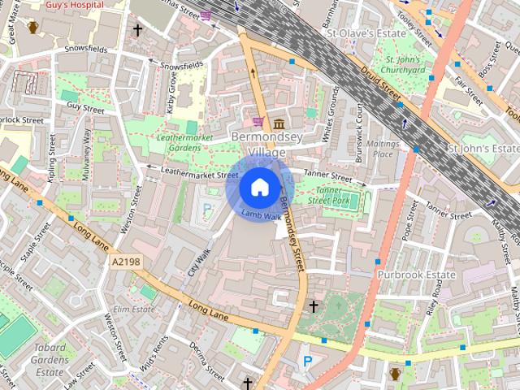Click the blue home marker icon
tap(258, 188)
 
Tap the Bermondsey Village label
tap(267, 145)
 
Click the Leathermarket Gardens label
tap(189, 142)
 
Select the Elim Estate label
tap(133, 309)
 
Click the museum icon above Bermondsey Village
tap(279, 123)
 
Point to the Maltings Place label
tap(383, 149)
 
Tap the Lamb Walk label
tap(261, 216)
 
